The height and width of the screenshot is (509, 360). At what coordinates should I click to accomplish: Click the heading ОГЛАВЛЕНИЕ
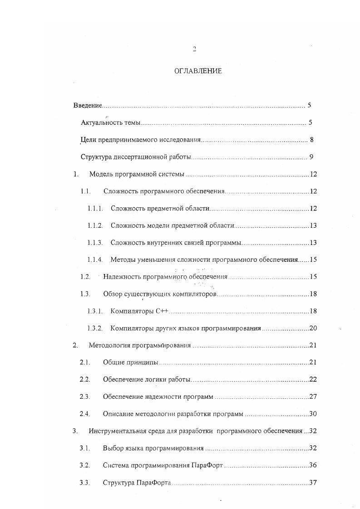pyautogui.click(x=198, y=71)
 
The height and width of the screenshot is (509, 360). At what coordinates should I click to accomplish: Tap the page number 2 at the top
pyautogui.click(x=194, y=49)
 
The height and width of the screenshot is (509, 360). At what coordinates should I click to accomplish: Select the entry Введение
pyautogui.click(x=88, y=106)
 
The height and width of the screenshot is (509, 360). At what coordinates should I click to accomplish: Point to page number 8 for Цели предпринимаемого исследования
pyautogui.click(x=311, y=140)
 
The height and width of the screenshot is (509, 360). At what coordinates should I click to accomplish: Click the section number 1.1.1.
pyautogui.click(x=95, y=209)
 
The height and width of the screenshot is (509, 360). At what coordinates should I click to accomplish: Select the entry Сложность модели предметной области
pyautogui.click(x=172, y=226)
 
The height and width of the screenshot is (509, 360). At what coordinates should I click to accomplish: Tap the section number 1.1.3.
pyautogui.click(x=95, y=243)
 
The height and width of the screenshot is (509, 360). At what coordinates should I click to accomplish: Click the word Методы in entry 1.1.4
pyautogui.click(x=123, y=260)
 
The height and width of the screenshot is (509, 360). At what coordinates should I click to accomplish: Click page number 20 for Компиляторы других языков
pyautogui.click(x=313, y=328)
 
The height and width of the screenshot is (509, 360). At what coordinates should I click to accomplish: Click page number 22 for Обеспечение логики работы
pyautogui.click(x=313, y=379)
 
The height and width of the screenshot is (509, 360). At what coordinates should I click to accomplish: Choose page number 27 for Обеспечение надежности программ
pyautogui.click(x=313, y=396)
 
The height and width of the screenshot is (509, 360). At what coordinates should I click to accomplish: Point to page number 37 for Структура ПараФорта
pyautogui.click(x=313, y=482)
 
